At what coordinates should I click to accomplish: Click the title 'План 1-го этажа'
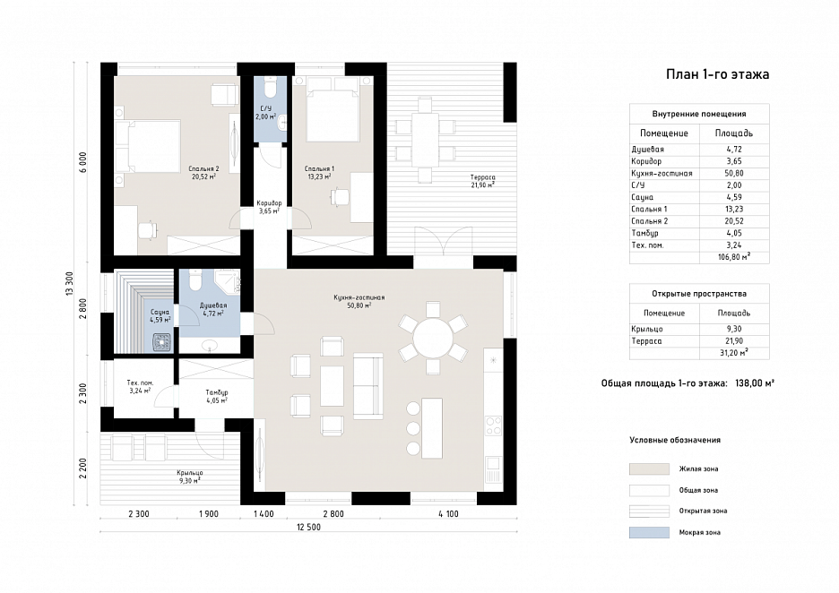click(x=717, y=74)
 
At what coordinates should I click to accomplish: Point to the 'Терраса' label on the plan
click(x=482, y=177)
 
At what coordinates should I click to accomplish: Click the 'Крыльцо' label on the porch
click(x=190, y=473)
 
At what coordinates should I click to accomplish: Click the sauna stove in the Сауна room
click(x=161, y=341)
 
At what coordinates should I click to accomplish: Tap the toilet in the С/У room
click(x=271, y=87)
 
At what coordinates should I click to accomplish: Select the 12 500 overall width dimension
click(x=308, y=528)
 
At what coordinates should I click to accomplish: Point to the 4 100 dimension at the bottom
click(x=448, y=514)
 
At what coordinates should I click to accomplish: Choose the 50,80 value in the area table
click(x=734, y=173)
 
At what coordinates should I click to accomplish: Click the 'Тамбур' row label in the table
click(x=644, y=233)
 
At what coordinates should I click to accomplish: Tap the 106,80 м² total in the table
click(x=734, y=257)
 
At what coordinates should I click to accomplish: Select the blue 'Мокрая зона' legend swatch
click(x=649, y=533)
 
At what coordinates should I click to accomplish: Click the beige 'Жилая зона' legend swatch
click(x=649, y=469)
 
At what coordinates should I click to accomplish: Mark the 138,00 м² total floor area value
click(x=755, y=383)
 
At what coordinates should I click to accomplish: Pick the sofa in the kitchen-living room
click(x=368, y=386)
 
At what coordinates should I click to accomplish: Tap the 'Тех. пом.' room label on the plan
click(x=140, y=382)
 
